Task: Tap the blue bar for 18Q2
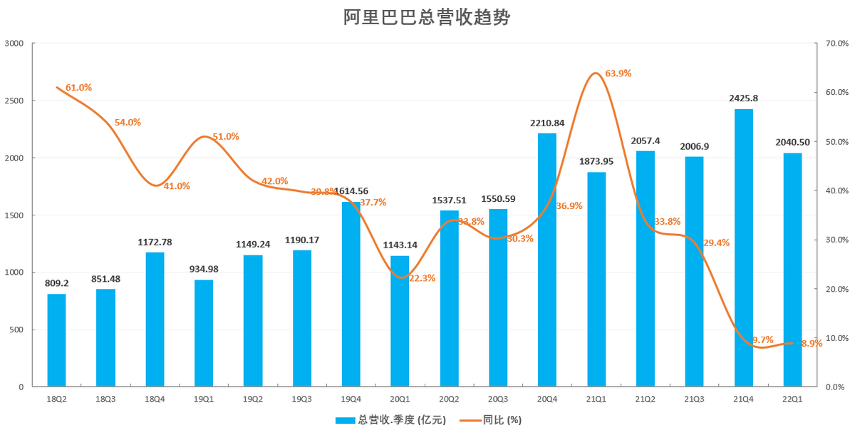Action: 56,340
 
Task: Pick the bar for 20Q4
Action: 547,260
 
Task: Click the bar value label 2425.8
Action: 743,98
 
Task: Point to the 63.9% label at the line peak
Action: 618,73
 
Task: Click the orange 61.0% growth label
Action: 78,88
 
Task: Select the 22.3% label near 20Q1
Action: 422,278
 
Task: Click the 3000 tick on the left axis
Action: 14,44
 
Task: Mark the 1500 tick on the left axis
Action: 14,215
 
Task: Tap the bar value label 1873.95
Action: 596,161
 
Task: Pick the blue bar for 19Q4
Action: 351,294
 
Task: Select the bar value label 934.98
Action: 204,269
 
